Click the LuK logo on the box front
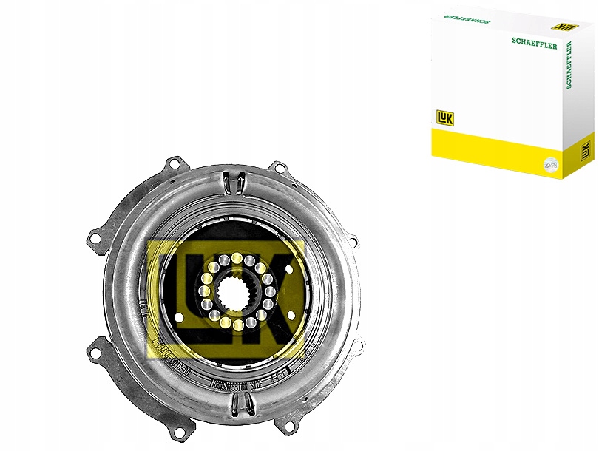444,119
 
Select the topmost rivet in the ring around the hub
237,257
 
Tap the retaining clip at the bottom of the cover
237,403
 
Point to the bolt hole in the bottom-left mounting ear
95,350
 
